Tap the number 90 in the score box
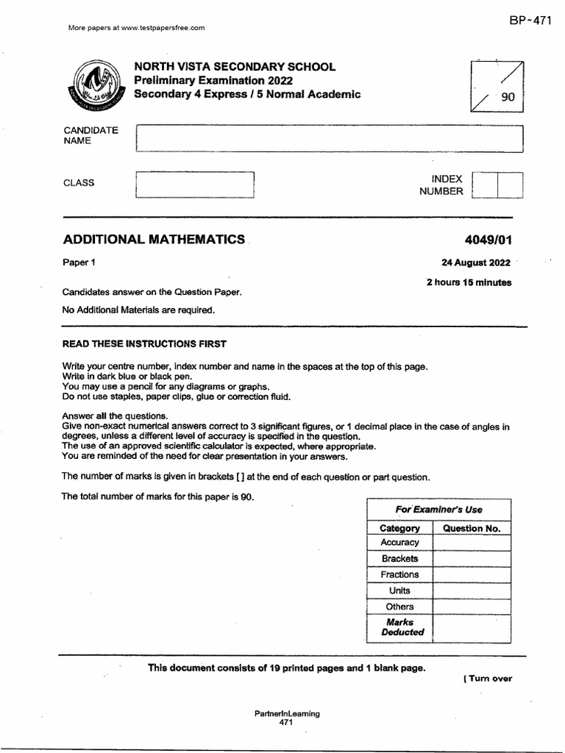coord(508,97)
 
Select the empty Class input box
coord(194,185)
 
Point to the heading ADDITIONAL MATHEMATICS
coord(154,239)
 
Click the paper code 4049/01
coord(486,240)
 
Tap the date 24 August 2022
coord(475,263)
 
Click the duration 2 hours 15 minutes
coord(469,282)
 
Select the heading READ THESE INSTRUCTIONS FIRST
coord(144,343)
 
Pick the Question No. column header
coord(472,528)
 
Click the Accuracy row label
coord(399,543)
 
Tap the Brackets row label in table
coord(399,559)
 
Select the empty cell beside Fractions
coord(472,575)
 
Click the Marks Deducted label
coord(402,627)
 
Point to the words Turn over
coord(488,679)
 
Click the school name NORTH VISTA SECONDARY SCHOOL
coord(234,67)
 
